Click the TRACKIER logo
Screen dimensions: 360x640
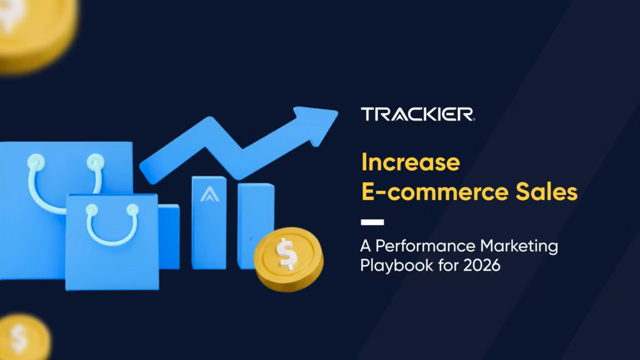[417, 114]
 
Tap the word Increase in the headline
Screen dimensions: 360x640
[411, 162]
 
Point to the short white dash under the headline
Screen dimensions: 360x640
[372, 222]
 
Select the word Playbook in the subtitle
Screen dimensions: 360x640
[391, 265]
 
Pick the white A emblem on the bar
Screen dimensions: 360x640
[208, 196]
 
